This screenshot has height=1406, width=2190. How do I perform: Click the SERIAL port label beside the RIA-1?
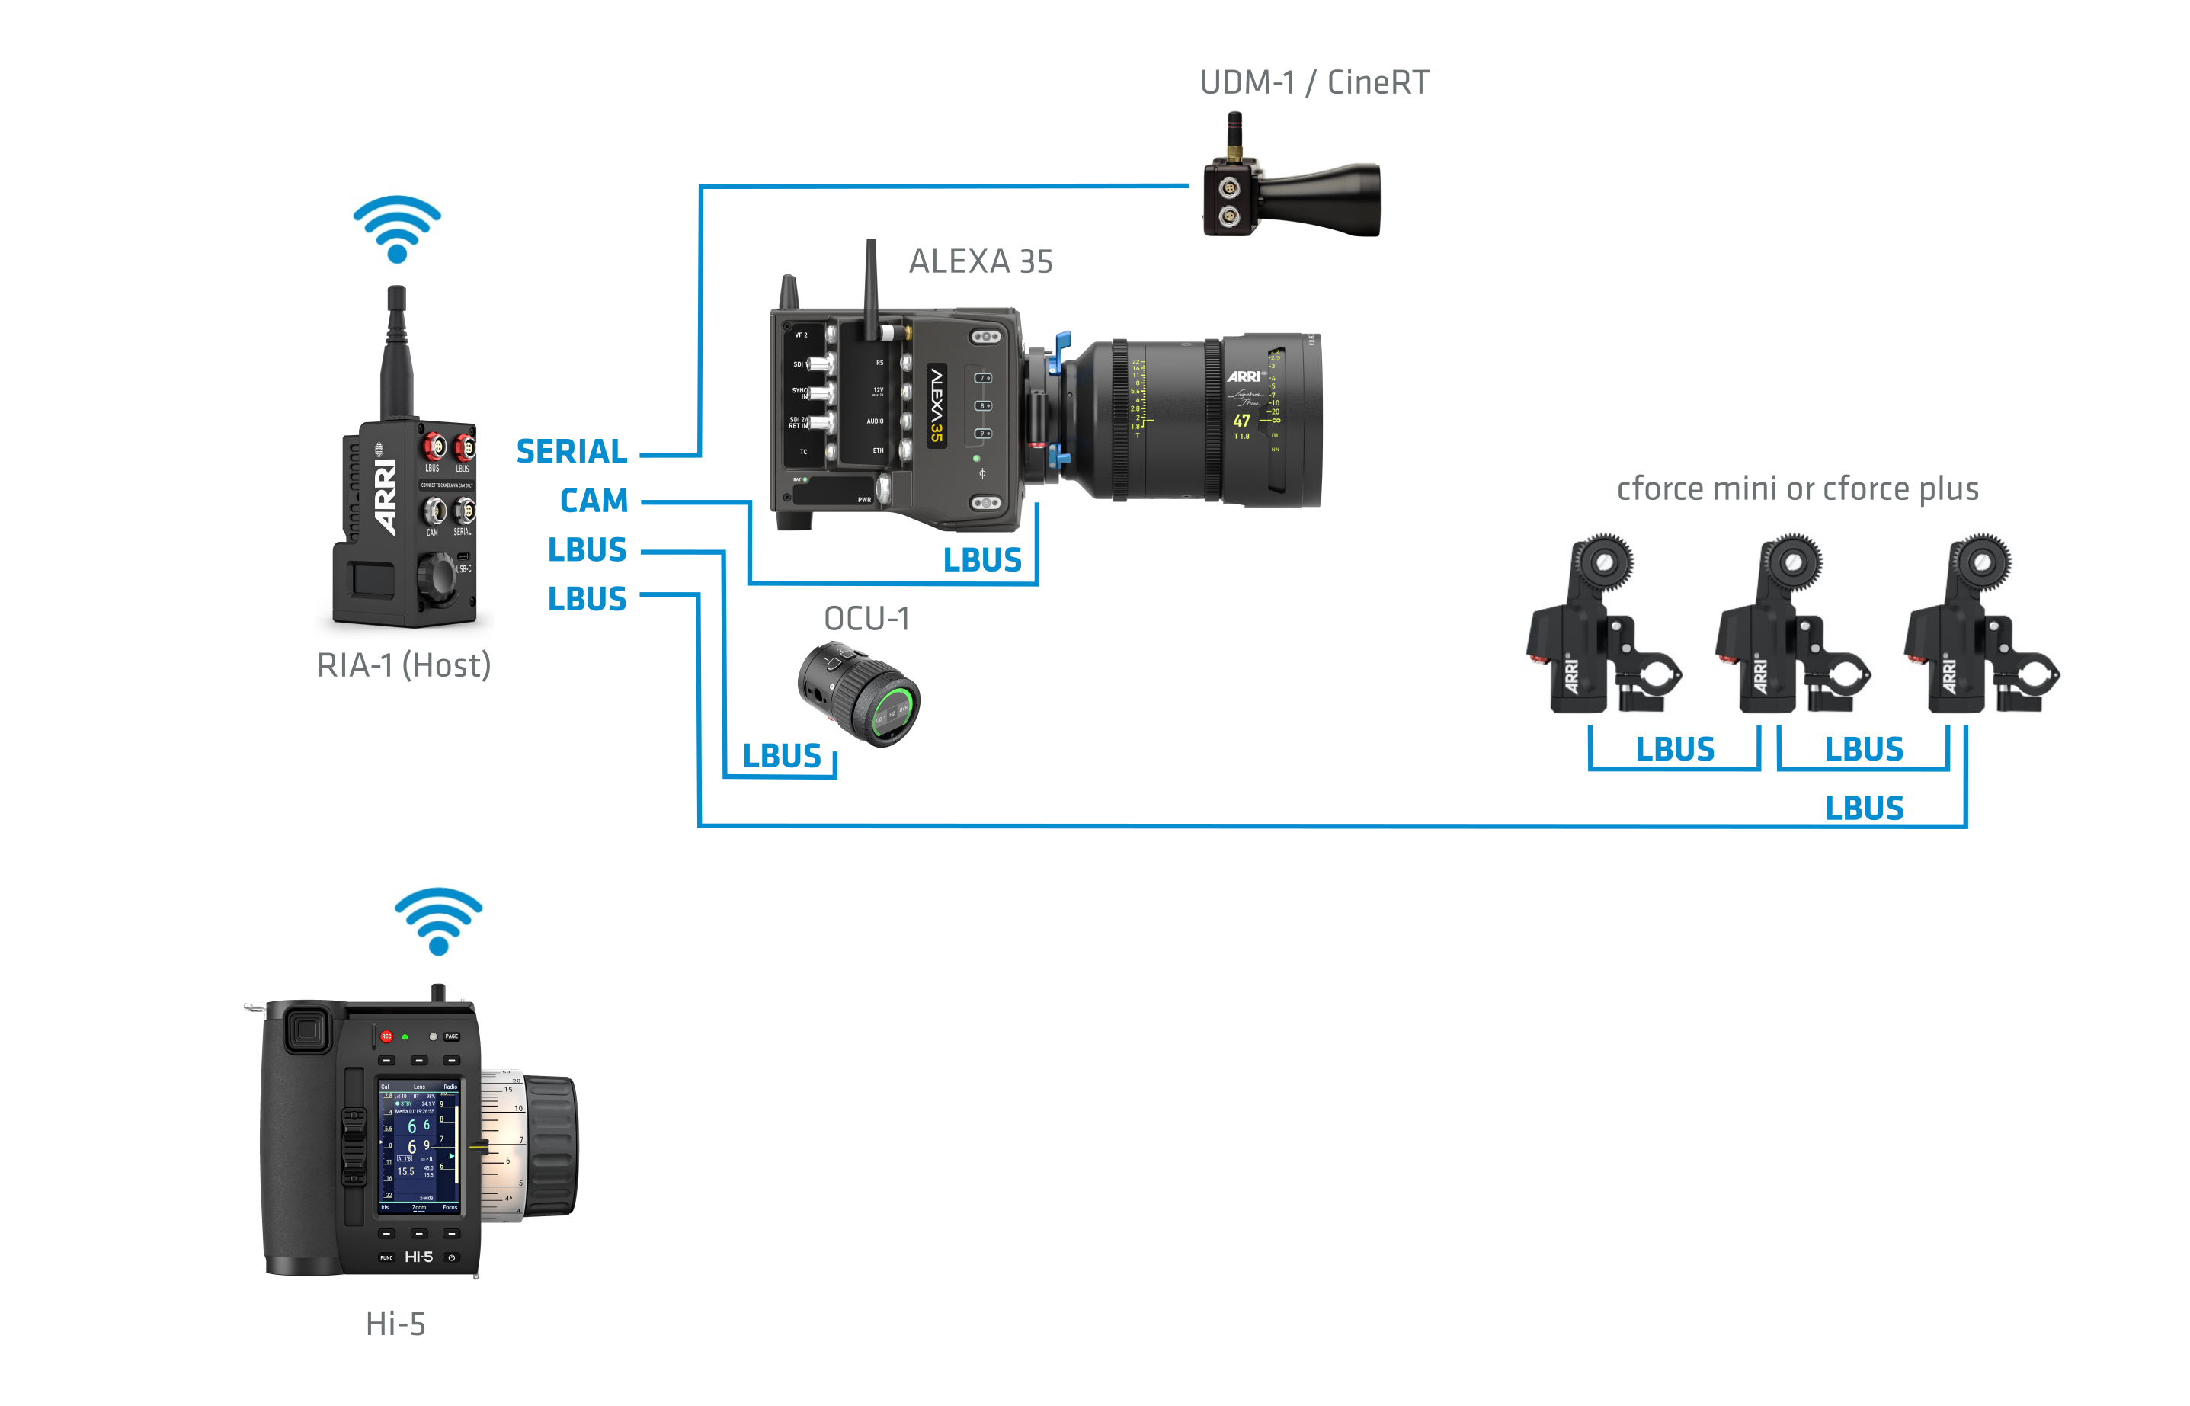(x=572, y=451)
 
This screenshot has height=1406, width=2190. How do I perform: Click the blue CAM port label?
(x=594, y=501)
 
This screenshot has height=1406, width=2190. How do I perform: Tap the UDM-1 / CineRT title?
(x=1314, y=83)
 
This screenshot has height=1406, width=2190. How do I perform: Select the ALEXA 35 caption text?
(x=981, y=262)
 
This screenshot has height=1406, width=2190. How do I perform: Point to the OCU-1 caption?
(x=866, y=619)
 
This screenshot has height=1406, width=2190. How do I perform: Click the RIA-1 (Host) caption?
(x=404, y=665)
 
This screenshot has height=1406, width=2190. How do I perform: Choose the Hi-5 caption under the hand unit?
(x=395, y=1324)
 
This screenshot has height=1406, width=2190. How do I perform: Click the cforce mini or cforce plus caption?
(x=1798, y=489)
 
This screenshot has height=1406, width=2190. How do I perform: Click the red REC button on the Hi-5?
(x=386, y=1036)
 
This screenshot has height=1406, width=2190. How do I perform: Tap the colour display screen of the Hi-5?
(x=420, y=1146)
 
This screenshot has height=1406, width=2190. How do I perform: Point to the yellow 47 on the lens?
(x=1241, y=421)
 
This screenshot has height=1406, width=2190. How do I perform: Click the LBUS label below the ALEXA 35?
(x=982, y=559)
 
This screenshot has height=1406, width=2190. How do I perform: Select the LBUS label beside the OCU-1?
(x=781, y=756)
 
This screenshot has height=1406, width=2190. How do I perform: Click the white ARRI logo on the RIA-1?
(x=386, y=498)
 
